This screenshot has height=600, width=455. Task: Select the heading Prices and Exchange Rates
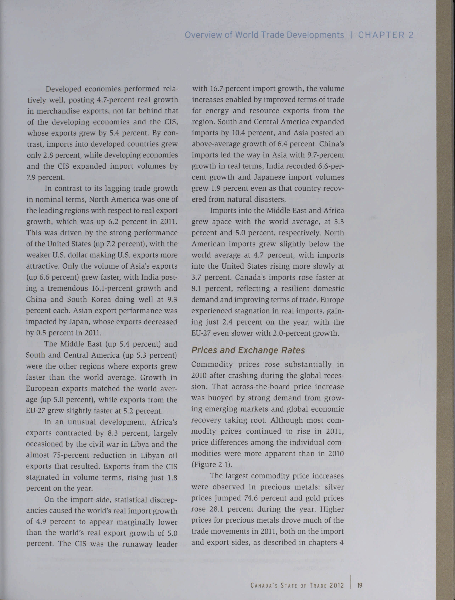pyautogui.click(x=248, y=350)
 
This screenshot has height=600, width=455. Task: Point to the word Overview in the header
pyautogui.click(x=203, y=35)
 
